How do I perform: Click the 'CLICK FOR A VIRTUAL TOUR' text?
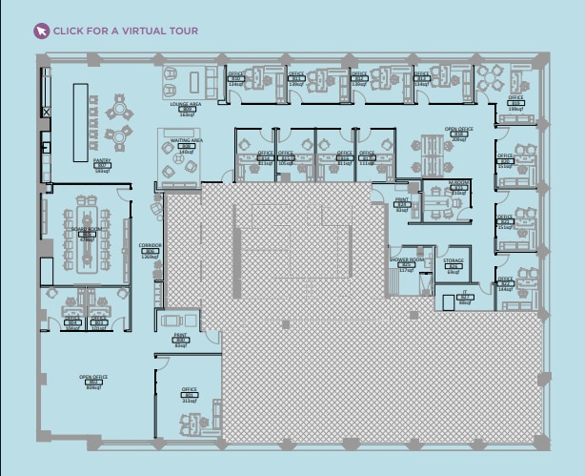(125, 31)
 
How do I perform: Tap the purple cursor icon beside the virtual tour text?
(41, 31)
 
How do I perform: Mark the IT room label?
(464, 297)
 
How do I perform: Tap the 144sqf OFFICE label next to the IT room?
(505, 284)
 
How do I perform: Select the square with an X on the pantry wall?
(45, 112)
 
